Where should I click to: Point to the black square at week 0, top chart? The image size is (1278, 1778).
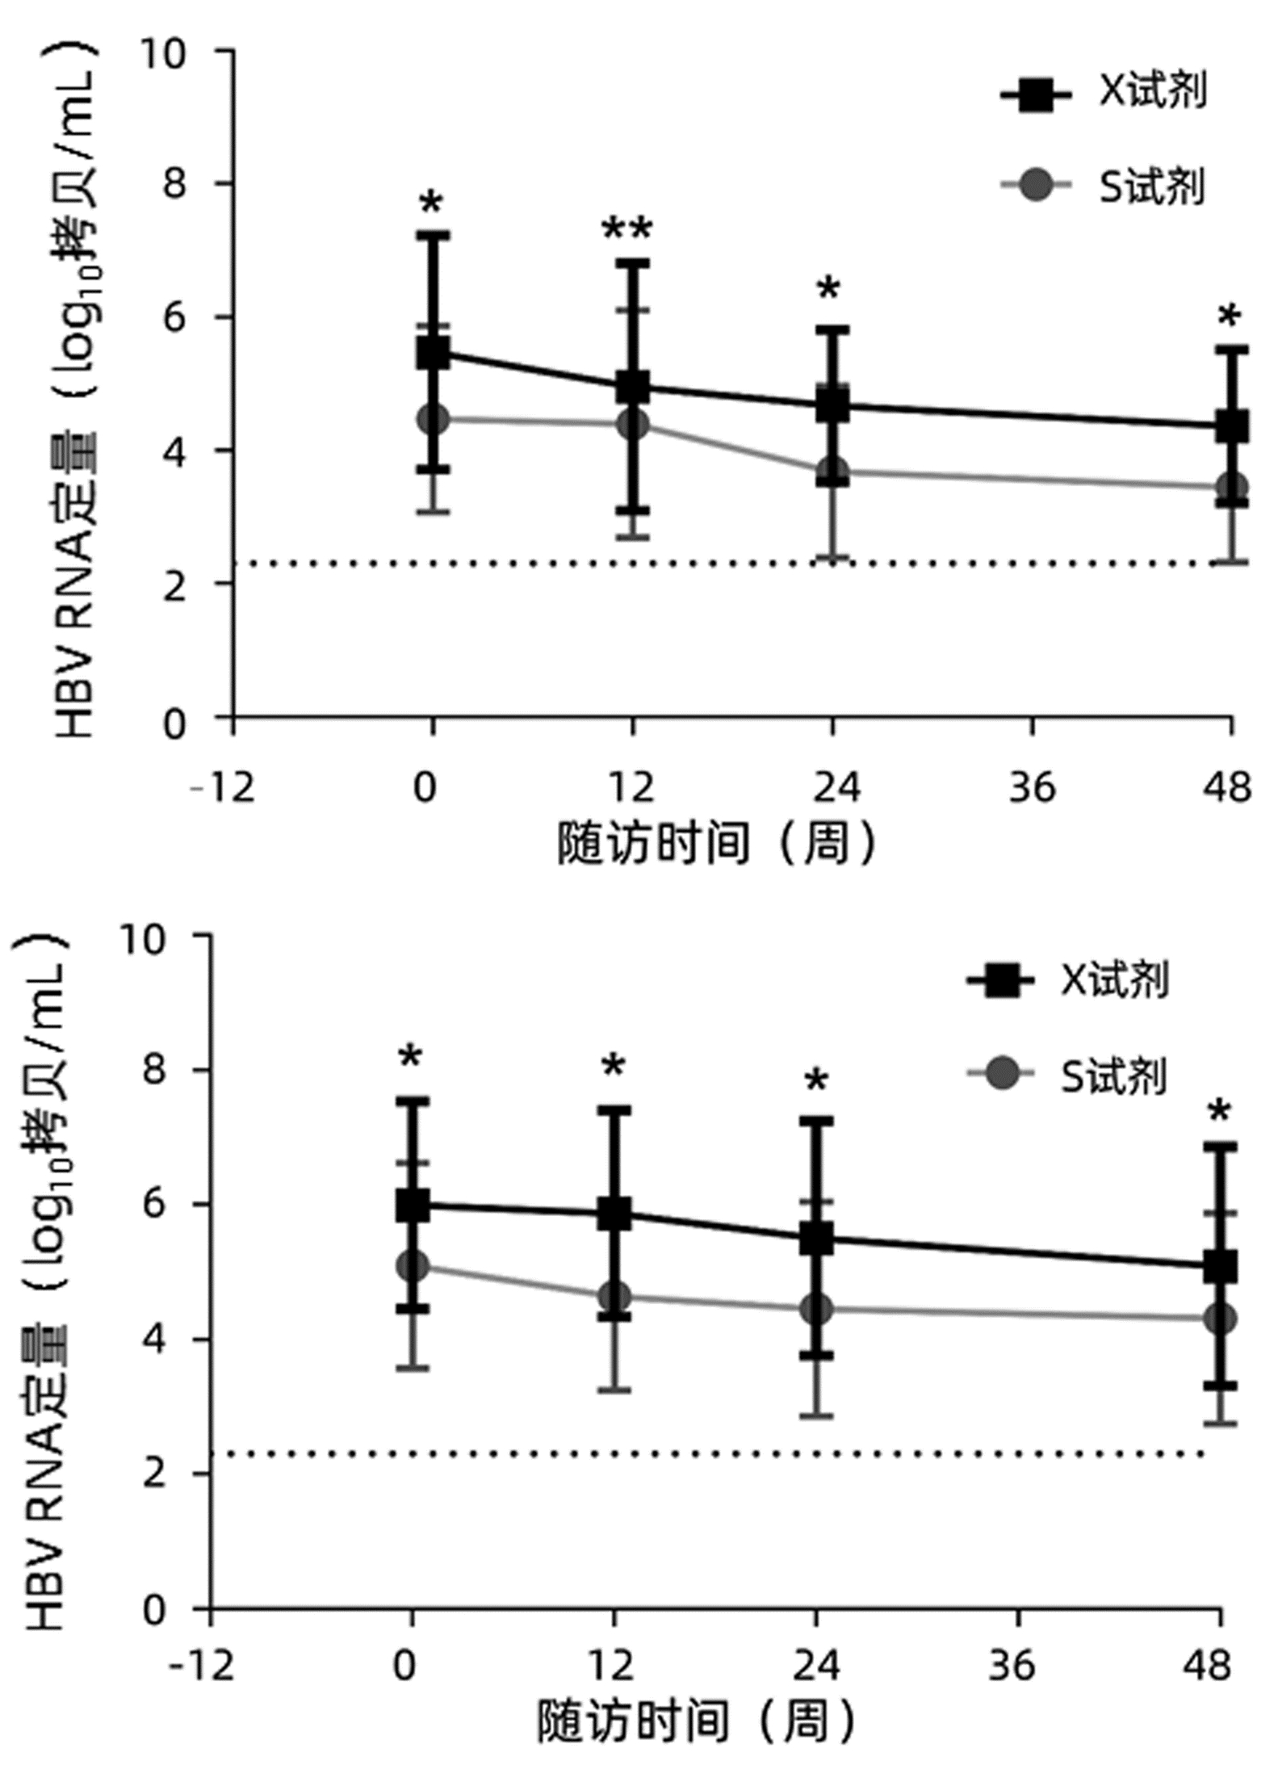(433, 353)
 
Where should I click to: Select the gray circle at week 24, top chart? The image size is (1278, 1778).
(832, 471)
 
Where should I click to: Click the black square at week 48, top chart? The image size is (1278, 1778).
(1232, 426)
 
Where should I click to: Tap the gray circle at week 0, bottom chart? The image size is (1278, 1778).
(413, 1265)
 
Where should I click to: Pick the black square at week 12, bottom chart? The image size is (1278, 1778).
(614, 1214)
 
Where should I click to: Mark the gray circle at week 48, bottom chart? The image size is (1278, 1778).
(1220, 1319)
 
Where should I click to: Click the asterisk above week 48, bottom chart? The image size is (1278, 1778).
(1219, 1112)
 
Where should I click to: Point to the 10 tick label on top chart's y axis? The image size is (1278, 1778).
(162, 53)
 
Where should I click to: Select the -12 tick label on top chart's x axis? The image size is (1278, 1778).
(221, 787)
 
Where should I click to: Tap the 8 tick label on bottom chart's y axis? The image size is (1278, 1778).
(152, 1071)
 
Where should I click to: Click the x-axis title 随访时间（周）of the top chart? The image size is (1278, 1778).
(717, 844)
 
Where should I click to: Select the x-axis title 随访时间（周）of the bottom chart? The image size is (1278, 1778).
(696, 1721)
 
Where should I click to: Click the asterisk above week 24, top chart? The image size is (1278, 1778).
(828, 288)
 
